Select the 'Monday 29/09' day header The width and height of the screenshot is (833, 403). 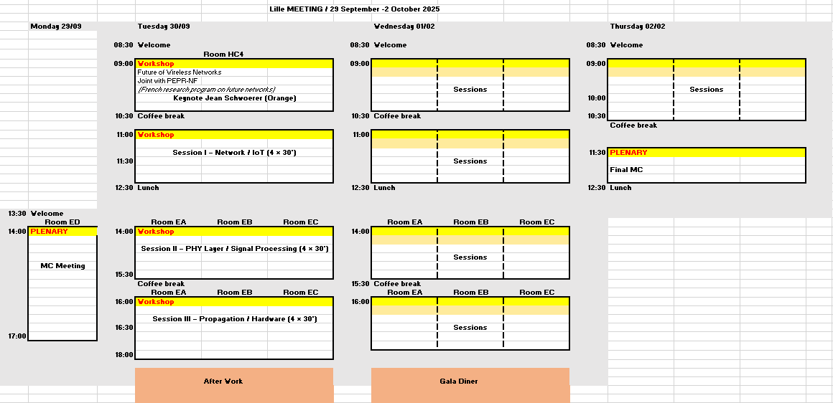coord(56,26)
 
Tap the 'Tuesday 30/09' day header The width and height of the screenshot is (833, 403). coord(164,26)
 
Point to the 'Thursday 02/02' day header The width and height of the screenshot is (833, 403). coord(638,26)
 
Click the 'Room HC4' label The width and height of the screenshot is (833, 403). coord(223,54)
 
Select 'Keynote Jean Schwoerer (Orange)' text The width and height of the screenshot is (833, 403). coord(235,98)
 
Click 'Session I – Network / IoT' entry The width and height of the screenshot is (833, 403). coord(234,153)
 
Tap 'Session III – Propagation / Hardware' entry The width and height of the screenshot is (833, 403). coord(235,319)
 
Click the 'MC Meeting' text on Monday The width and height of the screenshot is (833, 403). coord(62,266)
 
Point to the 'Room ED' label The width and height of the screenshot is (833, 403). coord(62,222)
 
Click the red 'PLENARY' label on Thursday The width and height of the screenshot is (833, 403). coord(628,153)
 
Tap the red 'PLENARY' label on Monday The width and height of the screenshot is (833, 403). coord(50,232)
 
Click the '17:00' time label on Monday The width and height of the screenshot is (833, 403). coord(17,336)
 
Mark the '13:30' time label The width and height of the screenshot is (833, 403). coord(17,214)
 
